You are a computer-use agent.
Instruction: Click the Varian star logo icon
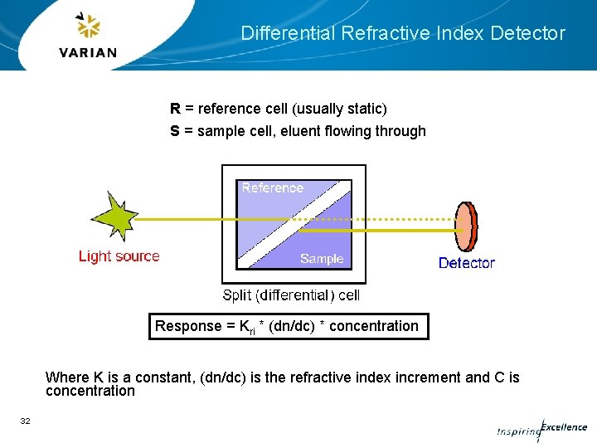(x=88, y=27)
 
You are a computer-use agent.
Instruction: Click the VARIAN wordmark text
(x=89, y=53)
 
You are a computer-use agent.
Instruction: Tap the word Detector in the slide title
(x=527, y=34)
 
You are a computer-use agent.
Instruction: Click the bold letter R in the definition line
(x=175, y=109)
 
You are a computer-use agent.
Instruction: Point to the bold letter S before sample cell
(x=175, y=131)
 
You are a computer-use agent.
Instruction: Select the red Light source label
(x=119, y=256)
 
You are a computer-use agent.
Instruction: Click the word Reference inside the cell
(x=273, y=188)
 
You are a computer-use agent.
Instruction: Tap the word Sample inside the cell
(x=322, y=259)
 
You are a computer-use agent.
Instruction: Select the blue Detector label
(x=466, y=263)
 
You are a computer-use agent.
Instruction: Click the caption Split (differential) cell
(x=291, y=295)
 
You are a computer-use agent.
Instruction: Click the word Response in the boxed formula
(x=187, y=326)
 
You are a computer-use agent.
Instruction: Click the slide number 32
(x=25, y=421)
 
